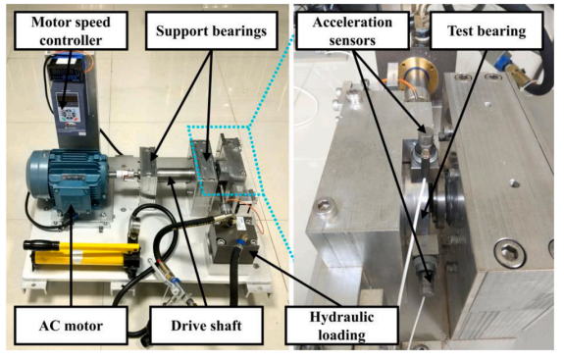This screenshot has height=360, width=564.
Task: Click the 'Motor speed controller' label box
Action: pyautogui.click(x=71, y=30)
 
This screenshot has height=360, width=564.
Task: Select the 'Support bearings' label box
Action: pyautogui.click(x=212, y=30)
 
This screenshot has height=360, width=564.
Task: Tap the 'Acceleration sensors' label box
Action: pyautogui.click(x=352, y=30)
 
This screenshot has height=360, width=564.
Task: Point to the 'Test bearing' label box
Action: pyautogui.click(x=487, y=30)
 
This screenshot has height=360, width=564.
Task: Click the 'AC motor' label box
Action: pyautogui.click(x=71, y=326)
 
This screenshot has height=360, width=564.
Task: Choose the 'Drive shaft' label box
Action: pyautogui.click(x=206, y=326)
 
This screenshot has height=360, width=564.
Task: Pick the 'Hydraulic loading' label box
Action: pyautogui.click(x=341, y=326)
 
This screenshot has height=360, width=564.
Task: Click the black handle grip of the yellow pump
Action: pyautogui.click(x=41, y=245)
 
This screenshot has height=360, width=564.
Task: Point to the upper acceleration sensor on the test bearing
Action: pyautogui.click(x=426, y=144)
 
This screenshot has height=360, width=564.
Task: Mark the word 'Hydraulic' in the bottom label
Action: pyautogui.click(x=341, y=317)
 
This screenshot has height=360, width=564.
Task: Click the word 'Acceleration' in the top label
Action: pyautogui.click(x=352, y=23)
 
